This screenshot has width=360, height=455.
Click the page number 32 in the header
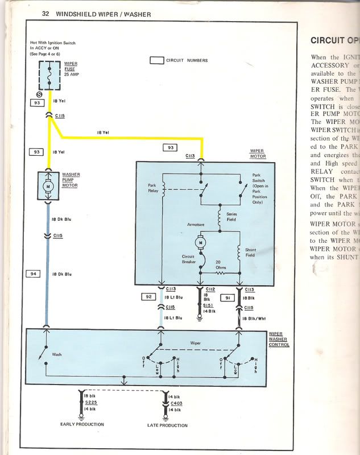[x=45, y=14]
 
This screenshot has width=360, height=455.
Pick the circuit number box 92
[x=148, y=296]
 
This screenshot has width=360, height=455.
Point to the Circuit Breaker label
[x=188, y=260]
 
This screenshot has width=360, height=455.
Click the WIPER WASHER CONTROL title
[x=279, y=338]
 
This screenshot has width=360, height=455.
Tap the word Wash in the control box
[x=57, y=354]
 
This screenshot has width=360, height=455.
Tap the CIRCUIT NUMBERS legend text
[x=187, y=60]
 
